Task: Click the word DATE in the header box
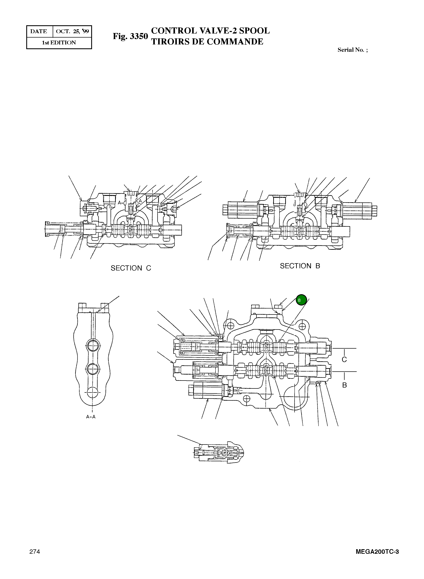point(39,31)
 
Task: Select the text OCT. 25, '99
point(72,31)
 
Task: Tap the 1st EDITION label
point(59,43)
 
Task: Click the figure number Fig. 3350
point(130,36)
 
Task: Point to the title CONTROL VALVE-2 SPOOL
point(210,31)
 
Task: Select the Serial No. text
point(352,50)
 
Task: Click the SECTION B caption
point(300,266)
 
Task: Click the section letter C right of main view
point(344,360)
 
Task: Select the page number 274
point(35,552)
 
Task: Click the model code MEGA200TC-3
point(377,552)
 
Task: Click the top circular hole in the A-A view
point(93,346)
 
